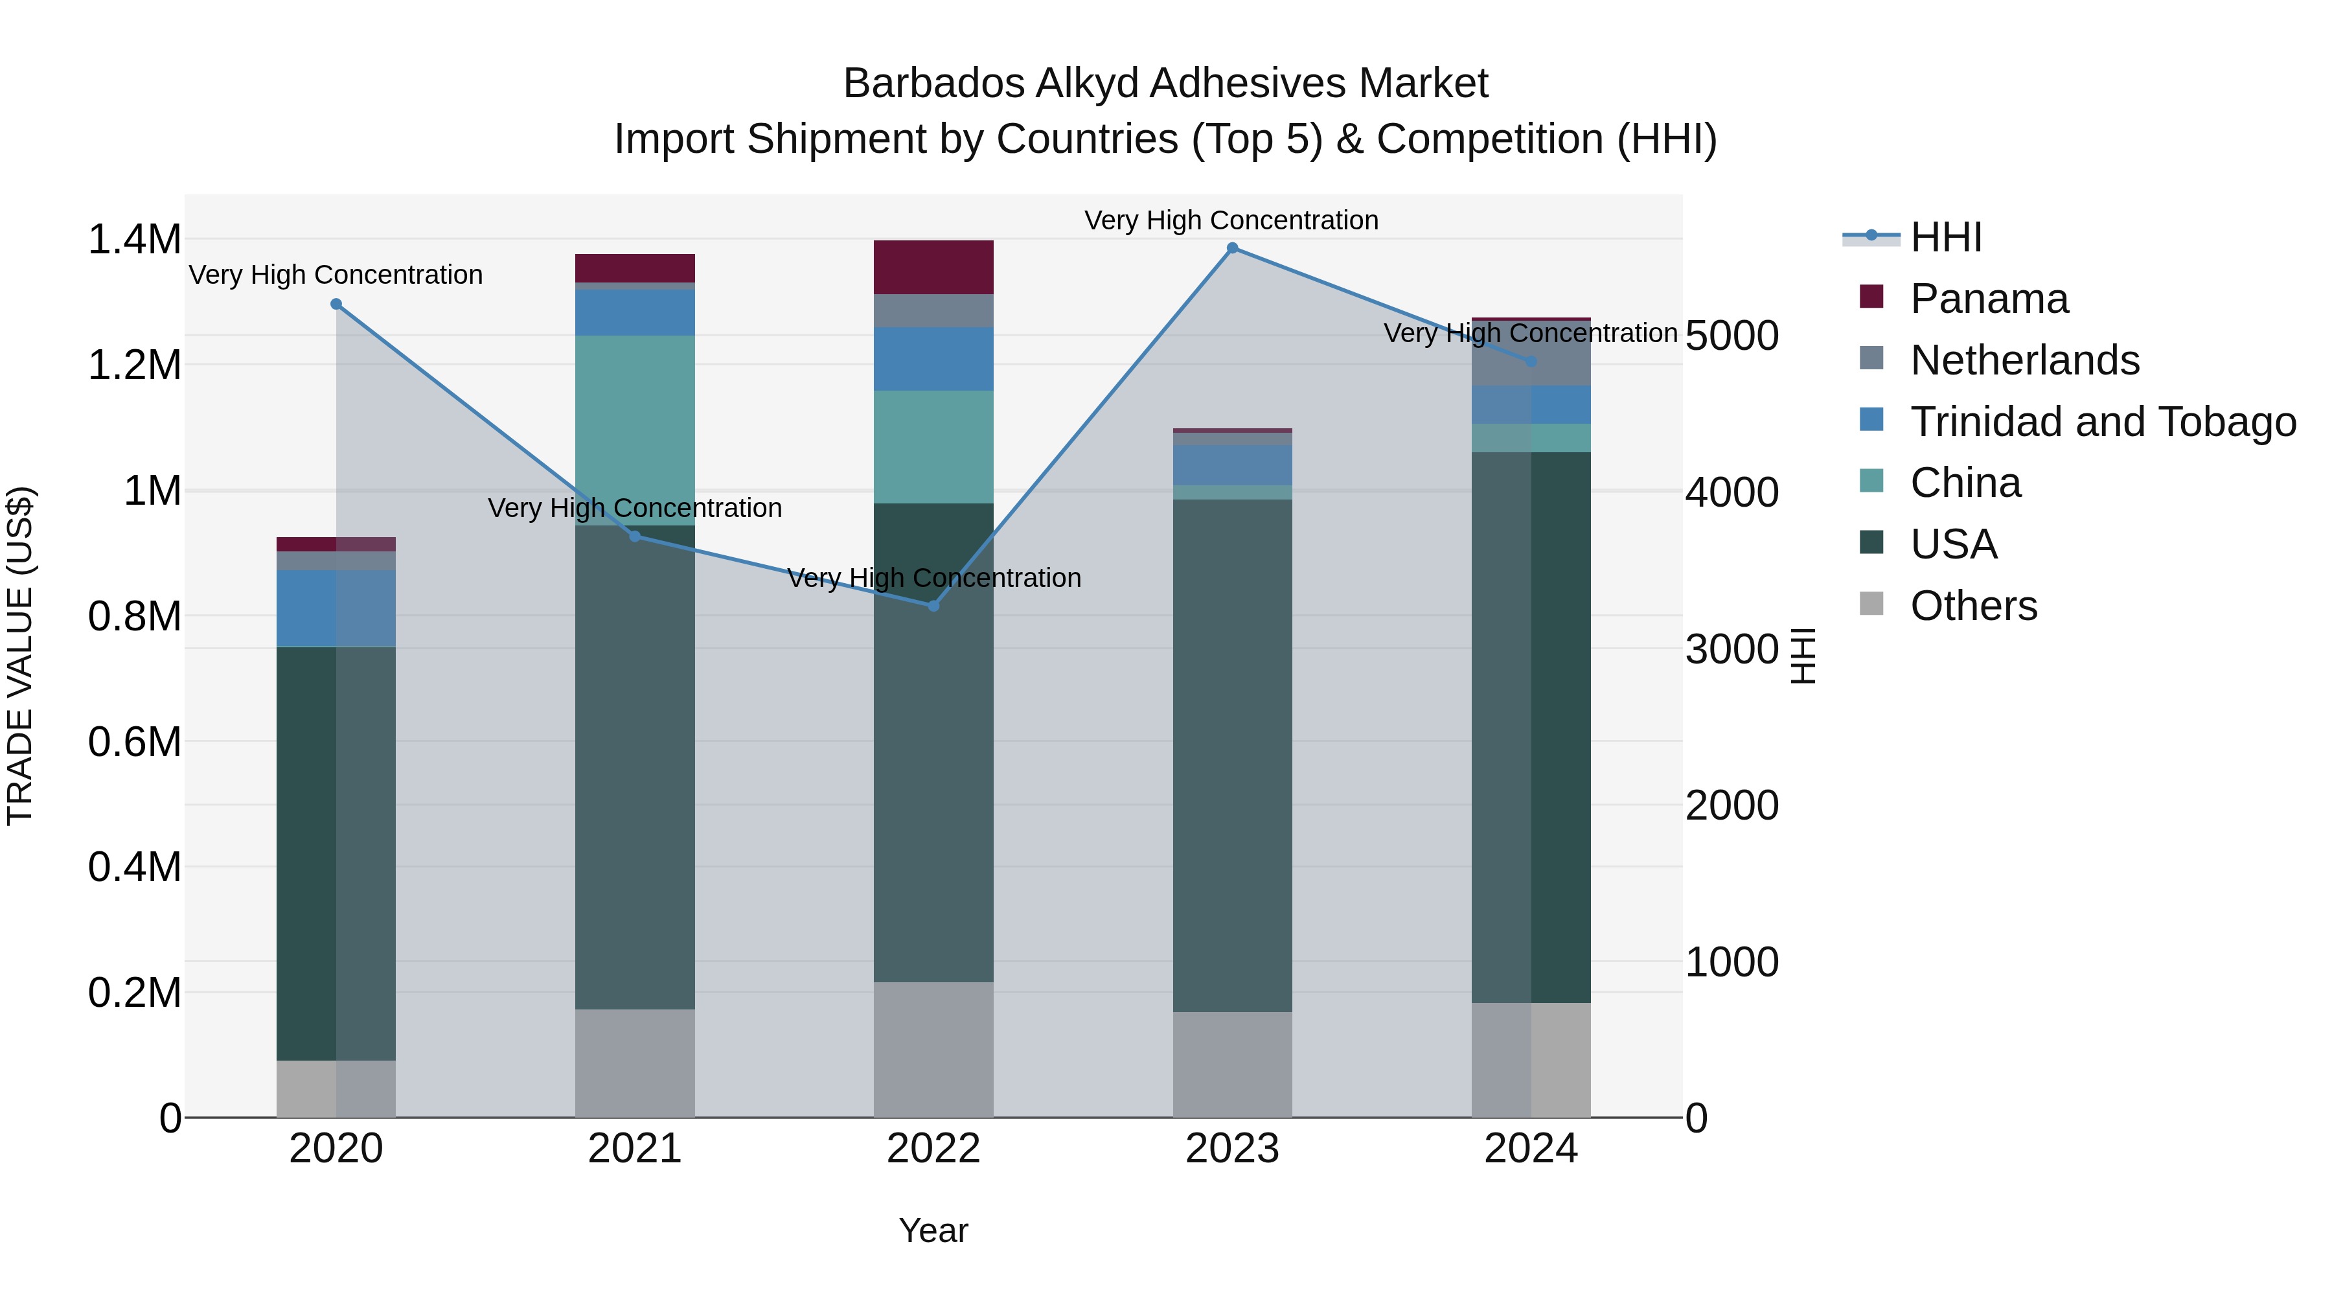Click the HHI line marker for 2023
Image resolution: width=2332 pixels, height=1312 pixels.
tap(1232, 248)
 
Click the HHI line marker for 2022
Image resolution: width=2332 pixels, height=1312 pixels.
tap(933, 606)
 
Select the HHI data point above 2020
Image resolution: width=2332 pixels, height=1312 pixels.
tap(336, 305)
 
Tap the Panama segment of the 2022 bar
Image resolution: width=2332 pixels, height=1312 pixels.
tap(933, 267)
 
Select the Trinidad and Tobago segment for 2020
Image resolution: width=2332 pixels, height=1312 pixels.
tap(336, 608)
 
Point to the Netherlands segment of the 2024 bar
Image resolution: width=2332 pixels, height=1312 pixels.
tap(1531, 355)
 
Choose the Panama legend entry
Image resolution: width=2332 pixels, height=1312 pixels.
tap(1988, 299)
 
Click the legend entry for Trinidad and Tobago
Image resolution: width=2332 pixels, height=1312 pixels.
tap(2102, 422)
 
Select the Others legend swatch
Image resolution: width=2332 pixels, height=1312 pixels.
tap(1871, 604)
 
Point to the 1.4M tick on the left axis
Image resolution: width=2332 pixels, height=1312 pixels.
tap(134, 240)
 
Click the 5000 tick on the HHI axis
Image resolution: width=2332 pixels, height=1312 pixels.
tap(1732, 336)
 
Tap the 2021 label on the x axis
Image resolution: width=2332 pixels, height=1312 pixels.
tap(635, 1149)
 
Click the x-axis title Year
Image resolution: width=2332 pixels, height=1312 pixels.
tap(933, 1230)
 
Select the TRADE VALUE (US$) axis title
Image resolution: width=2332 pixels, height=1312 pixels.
tap(20, 656)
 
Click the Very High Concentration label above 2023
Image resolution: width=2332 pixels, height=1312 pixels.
tap(1231, 220)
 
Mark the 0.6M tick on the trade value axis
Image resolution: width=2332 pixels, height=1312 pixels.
tap(134, 742)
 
